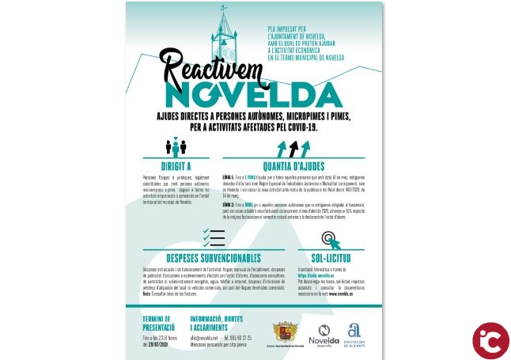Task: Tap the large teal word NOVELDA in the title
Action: [254, 94]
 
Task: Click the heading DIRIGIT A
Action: [177, 166]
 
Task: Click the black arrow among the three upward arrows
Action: [293, 148]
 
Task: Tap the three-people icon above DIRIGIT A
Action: [176, 147]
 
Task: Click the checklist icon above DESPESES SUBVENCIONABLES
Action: [214, 237]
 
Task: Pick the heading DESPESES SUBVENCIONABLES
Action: [214, 258]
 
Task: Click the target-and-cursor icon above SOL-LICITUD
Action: [331, 239]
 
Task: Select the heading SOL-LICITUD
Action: [331, 258]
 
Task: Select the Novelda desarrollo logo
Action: [323, 334]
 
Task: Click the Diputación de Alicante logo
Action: [354, 334]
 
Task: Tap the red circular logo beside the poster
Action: [490, 340]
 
